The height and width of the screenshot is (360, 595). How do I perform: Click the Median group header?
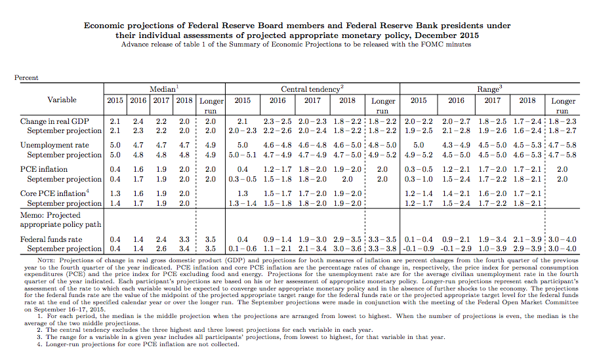[x=164, y=89]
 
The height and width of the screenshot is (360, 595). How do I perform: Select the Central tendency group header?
[x=312, y=89]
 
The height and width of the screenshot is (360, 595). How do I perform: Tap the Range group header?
[x=489, y=89]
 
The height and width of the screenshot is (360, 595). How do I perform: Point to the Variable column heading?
[x=62, y=100]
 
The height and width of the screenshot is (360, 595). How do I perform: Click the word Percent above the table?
[x=26, y=78]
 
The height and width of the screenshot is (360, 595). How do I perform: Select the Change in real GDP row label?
[x=54, y=121]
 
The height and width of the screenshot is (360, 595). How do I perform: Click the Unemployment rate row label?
[x=54, y=146]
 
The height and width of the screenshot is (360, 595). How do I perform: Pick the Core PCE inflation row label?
[x=54, y=193]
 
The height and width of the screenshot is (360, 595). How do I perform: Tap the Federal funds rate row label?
[x=51, y=239]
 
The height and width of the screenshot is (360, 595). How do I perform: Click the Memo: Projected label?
[x=51, y=215]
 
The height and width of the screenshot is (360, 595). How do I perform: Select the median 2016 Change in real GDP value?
[x=138, y=121]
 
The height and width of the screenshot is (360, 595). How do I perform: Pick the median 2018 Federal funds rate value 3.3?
[x=184, y=239]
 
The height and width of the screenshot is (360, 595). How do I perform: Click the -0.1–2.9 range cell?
[x=456, y=249]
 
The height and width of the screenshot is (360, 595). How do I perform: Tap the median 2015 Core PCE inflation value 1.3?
[x=115, y=193]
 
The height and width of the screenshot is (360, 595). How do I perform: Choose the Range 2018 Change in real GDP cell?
[x=527, y=121]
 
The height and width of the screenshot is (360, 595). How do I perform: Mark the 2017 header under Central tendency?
[x=312, y=100]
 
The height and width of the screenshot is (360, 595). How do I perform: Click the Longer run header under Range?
[x=563, y=106]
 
